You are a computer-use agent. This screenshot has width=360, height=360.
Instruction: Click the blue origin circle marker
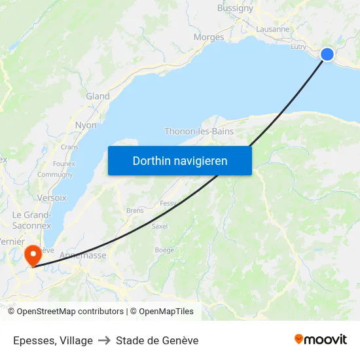pos(327,54)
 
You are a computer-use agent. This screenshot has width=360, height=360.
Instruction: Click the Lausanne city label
pos(273,29)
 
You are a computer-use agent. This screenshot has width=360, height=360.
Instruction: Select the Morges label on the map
pos(209,37)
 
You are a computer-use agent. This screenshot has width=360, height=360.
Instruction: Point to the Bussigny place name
pos(235,9)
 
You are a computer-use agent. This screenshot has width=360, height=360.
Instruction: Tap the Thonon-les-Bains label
pos(199,131)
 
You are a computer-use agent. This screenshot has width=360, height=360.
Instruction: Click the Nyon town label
pos(86,125)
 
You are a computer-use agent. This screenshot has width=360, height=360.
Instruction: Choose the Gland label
pos(98,96)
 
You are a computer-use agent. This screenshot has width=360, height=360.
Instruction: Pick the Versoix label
pos(52,197)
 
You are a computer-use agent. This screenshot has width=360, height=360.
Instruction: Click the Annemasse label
pos(82,255)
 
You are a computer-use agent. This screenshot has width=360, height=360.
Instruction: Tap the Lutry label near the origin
pos(298,46)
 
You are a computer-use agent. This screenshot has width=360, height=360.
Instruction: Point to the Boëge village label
pos(164,249)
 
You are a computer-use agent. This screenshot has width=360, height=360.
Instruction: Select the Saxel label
pos(160,226)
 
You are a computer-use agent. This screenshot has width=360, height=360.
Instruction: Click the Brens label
pos(135,211)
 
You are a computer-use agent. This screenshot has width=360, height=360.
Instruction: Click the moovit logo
pos(321,339)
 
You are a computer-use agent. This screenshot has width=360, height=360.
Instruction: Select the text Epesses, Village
pos(53,340)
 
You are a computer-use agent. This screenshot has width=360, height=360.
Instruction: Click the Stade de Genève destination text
pos(157,340)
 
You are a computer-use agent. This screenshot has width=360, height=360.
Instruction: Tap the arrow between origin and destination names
pos(105,340)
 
